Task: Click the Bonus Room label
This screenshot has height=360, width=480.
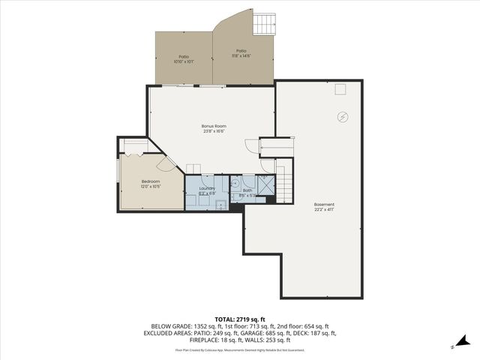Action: coord(214,125)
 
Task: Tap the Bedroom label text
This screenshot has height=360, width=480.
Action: coord(151,181)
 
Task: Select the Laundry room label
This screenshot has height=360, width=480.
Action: coord(207,188)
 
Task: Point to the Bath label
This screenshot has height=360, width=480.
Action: coord(247,191)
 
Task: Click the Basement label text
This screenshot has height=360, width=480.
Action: coord(324,204)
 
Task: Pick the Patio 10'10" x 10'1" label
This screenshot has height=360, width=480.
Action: coord(184,57)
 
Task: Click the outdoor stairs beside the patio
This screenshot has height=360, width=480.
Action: coord(266,25)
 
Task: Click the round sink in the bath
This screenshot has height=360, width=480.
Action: coord(235,182)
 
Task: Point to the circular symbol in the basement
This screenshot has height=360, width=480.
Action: coord(343,116)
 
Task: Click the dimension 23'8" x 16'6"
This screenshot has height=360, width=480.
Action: coord(214,131)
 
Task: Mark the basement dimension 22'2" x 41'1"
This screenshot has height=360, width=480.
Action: coord(324,209)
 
